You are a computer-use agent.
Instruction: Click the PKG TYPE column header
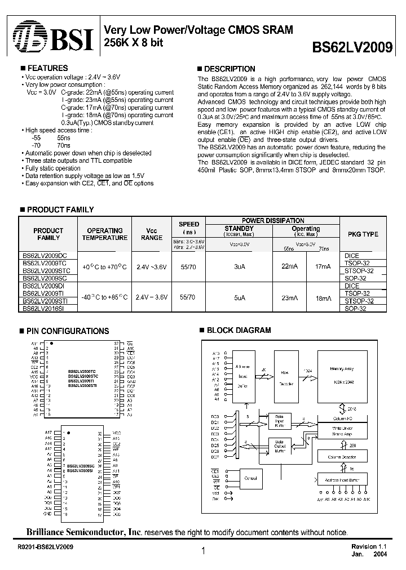[x=361, y=234]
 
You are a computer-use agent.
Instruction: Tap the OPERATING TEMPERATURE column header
[x=104, y=234]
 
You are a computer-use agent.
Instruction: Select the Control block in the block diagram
[x=250, y=477]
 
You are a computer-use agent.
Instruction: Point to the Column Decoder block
[x=342, y=458]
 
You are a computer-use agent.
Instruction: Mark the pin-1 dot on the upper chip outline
[x=52, y=342]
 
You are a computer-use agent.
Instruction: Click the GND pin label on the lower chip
[x=48, y=514]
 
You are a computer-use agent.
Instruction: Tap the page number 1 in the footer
[x=202, y=553]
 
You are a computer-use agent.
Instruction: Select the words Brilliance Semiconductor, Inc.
[x=85, y=532]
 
